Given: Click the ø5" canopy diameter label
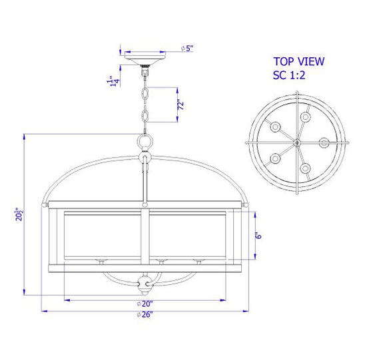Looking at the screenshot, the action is (x=187, y=49).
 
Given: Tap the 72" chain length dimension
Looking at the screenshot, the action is (x=181, y=104).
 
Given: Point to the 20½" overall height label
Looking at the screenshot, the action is (x=19, y=214).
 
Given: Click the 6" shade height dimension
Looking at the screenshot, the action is (x=258, y=236).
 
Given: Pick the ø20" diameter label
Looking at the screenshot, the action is (x=145, y=303).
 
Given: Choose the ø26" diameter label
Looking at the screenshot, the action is (x=145, y=315).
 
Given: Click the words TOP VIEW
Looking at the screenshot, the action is (x=298, y=62).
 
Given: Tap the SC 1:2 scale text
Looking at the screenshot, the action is (x=289, y=75).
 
